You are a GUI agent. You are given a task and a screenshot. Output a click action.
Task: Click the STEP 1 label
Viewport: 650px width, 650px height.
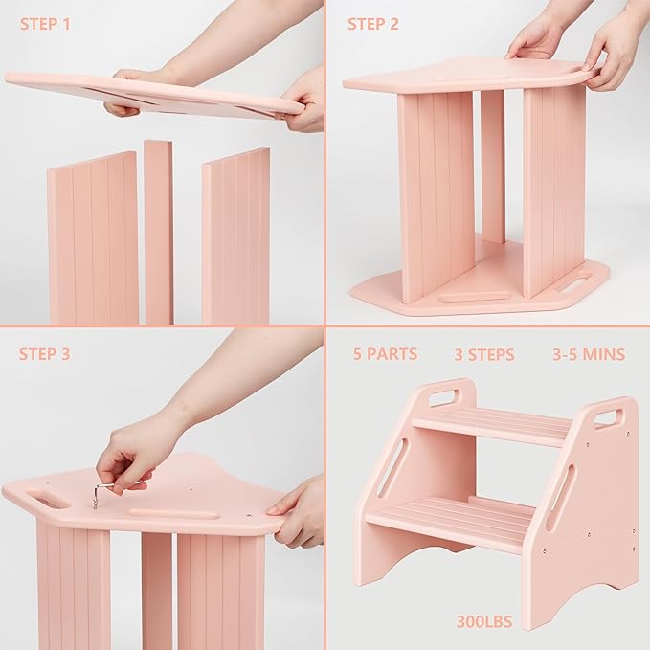45,24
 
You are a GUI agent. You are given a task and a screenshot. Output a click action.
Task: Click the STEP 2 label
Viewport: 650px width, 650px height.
372,24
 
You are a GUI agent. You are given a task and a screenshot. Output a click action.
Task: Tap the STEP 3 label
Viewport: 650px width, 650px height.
45,354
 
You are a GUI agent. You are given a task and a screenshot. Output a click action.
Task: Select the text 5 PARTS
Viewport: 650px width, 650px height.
385,354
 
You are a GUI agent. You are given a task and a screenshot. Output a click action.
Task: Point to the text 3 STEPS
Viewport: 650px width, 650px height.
484,355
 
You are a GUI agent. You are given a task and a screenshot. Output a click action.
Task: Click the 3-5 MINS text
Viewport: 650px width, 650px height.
588,355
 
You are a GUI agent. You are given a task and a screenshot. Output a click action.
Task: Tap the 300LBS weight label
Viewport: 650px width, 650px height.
484,622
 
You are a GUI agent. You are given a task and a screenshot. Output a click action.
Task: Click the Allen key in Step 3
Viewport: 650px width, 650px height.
101,493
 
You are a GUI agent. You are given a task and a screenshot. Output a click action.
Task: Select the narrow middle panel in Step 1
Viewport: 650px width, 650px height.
158,232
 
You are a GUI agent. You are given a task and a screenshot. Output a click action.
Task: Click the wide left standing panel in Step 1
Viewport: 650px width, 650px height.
93,239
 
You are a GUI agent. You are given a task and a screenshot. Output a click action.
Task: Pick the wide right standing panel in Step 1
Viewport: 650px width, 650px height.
235,236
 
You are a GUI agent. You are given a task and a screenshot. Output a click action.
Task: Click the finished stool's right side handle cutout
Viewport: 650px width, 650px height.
608,418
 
